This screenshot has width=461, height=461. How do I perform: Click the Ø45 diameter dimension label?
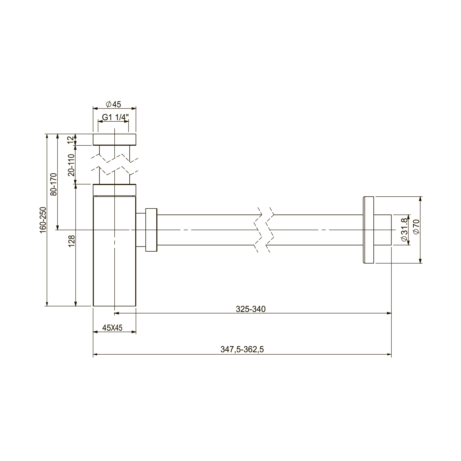click(x=113, y=104)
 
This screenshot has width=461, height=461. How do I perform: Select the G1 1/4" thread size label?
click(x=115, y=117)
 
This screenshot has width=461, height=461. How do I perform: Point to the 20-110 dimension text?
click(x=71, y=165)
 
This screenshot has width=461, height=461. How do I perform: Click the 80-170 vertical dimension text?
click(x=53, y=184)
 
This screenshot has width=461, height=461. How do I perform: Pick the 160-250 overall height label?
click(x=43, y=220)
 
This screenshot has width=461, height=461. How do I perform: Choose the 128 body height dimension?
click(x=71, y=241)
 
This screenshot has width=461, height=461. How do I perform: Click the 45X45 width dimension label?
click(x=112, y=328)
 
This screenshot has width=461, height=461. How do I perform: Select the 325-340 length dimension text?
click(x=251, y=309)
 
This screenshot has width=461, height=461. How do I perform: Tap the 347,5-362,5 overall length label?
click(x=242, y=349)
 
